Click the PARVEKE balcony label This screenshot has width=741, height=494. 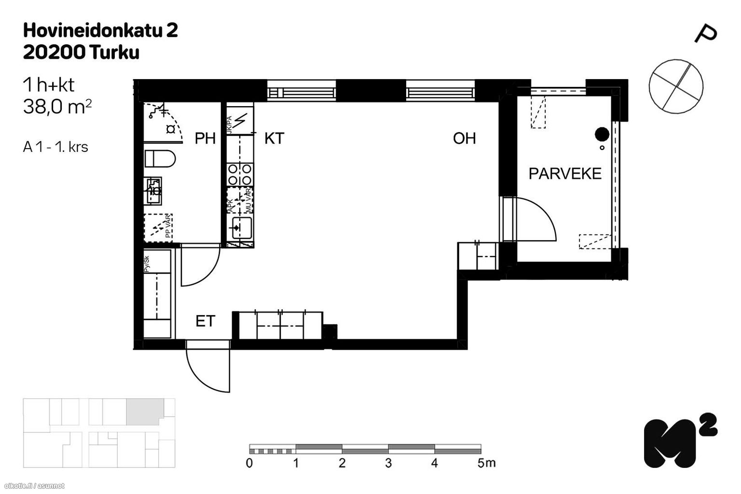coord(565,173)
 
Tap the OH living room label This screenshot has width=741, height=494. coord(464,138)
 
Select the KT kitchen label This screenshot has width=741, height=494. coord(274,138)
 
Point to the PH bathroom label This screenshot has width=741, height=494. coord(205,138)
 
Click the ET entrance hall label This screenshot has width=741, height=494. coord(205,321)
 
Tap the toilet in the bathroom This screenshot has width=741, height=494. coord(160,159)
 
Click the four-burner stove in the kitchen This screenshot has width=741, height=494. coord(240,175)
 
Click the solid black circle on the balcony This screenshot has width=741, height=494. coord(601,133)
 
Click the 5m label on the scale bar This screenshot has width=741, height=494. coord(486,463)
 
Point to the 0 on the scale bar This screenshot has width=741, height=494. coord(249,463)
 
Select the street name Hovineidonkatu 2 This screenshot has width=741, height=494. coord(100,30)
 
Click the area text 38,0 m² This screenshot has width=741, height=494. coord(57,107)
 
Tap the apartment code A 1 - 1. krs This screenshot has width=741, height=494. coord(55,147)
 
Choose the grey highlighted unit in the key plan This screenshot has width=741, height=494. coord(144,412)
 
